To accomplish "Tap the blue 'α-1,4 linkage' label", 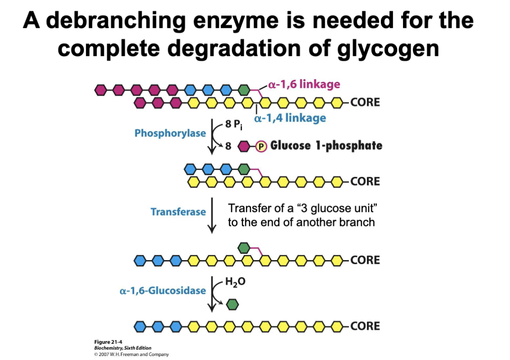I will tap(290, 118).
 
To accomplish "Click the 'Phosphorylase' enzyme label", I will tap(170, 133).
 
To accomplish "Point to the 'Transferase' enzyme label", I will tap(178, 211).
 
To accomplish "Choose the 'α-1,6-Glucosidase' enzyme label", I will tap(163, 290).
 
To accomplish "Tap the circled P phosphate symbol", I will tap(260, 146).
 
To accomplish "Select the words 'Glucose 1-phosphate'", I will tap(326, 145).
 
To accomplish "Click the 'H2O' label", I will tap(235, 283).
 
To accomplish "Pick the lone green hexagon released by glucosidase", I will tap(232, 305).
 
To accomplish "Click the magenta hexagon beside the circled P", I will tap(243, 146).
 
